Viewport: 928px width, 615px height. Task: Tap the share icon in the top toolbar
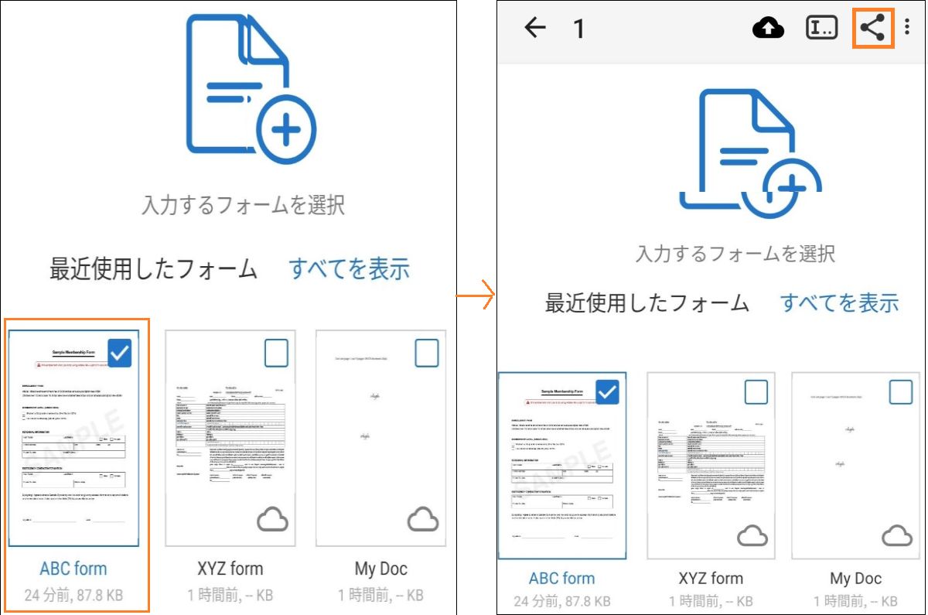coord(873,29)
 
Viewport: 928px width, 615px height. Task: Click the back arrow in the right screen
coord(535,29)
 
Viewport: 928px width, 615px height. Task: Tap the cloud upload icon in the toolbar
coord(768,29)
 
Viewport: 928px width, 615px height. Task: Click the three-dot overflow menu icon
coord(907,28)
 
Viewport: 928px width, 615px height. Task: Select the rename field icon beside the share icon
coord(821,29)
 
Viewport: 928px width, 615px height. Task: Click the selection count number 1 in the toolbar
coord(578,29)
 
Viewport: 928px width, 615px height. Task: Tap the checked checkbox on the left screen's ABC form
coord(120,354)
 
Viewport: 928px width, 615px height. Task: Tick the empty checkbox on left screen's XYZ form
coord(276,354)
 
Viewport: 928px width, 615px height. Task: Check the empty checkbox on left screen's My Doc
coord(426,354)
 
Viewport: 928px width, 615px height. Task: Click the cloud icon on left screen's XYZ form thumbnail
coord(272,520)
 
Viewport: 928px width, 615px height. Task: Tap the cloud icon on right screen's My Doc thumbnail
coord(897,535)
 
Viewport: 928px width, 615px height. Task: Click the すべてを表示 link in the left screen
coord(350,269)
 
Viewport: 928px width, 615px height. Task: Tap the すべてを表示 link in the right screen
coord(839,302)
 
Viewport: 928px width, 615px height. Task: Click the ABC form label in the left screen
coord(73,569)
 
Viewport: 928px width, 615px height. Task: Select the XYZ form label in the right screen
coord(711,579)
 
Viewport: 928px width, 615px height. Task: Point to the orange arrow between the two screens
coord(476,295)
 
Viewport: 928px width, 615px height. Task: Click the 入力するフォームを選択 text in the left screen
coord(244,205)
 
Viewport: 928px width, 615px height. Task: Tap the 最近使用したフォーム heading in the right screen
coord(647,302)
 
